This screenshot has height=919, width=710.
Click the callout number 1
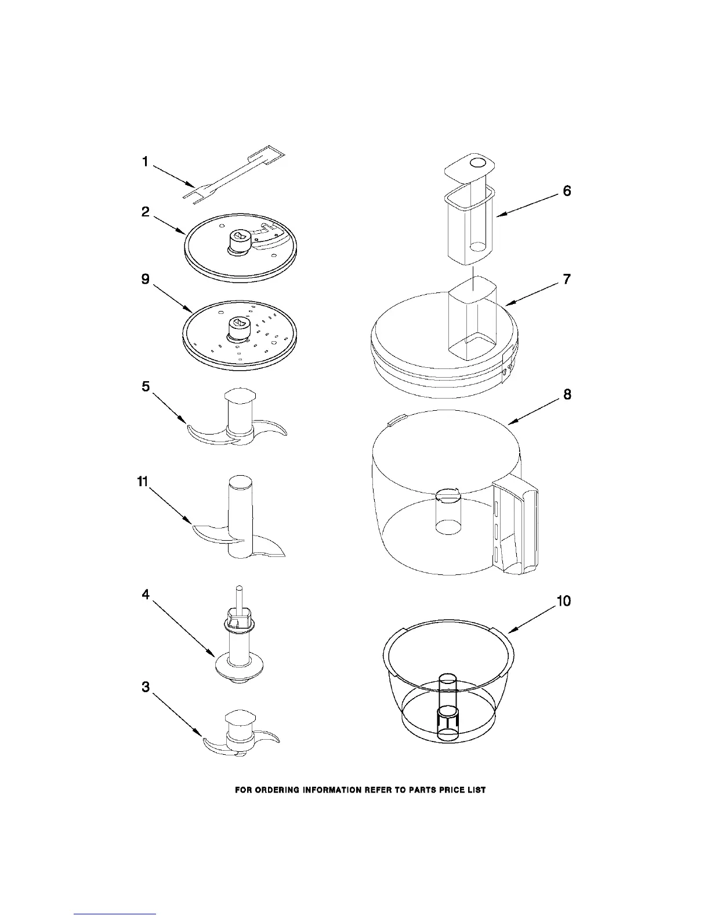146,162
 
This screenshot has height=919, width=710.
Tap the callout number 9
146,279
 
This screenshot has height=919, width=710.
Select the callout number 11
143,481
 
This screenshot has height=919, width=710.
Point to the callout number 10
564,601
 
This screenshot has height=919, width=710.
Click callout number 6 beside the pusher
567,191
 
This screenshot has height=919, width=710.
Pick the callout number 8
567,395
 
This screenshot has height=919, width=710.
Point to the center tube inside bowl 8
447,511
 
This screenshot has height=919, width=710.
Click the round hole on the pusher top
478,163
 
